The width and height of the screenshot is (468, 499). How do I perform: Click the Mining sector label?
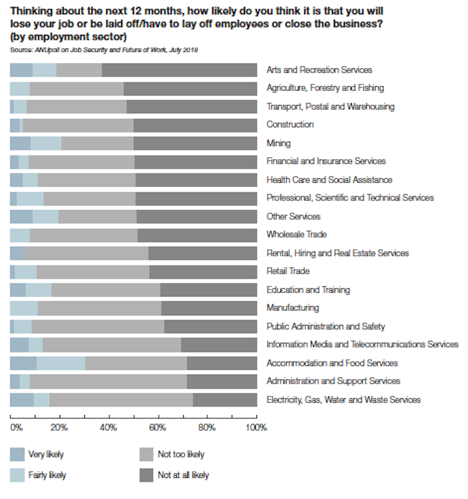pyautogui.click(x=278, y=143)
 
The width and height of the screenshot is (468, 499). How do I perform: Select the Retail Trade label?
pyautogui.click(x=288, y=271)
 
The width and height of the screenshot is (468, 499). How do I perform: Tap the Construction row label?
pyautogui.click(x=290, y=124)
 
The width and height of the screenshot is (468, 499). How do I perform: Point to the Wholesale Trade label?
pyautogui.click(x=296, y=234)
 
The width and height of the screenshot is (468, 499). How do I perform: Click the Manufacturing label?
pyautogui.click(x=292, y=308)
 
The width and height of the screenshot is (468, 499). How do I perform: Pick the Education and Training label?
pyautogui.click(x=308, y=290)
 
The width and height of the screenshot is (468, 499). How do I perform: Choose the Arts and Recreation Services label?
pyautogui.click(x=319, y=70)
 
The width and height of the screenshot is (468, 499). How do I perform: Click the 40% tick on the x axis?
pyautogui.click(x=109, y=428)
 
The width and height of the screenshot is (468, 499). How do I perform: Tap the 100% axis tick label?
pyautogui.click(x=256, y=428)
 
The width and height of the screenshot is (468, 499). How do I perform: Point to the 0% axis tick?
pyautogui.click(x=16, y=428)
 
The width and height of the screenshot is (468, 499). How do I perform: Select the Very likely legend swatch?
pyautogui.click(x=17, y=454)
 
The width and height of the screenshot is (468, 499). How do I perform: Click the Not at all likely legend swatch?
pyautogui.click(x=146, y=475)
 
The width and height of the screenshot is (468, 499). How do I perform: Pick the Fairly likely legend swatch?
pyautogui.click(x=17, y=475)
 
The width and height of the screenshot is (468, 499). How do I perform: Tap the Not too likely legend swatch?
pyautogui.click(x=146, y=454)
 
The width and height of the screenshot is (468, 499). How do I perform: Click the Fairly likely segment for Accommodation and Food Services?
pyautogui.click(x=61, y=363)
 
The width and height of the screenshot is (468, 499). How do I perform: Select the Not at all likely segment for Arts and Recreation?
pyautogui.click(x=179, y=70)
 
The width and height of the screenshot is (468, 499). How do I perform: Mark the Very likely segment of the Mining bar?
pyautogui.click(x=20, y=143)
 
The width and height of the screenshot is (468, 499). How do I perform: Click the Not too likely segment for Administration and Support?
pyautogui.click(x=108, y=381)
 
